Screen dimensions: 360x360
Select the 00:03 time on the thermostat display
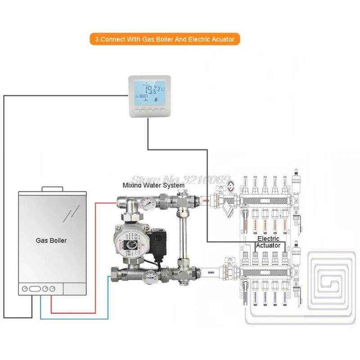pos(144,96)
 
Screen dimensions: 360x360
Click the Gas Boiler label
pos(51,240)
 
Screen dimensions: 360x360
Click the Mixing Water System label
pos(153,185)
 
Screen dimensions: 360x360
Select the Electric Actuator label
pos(268,242)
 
